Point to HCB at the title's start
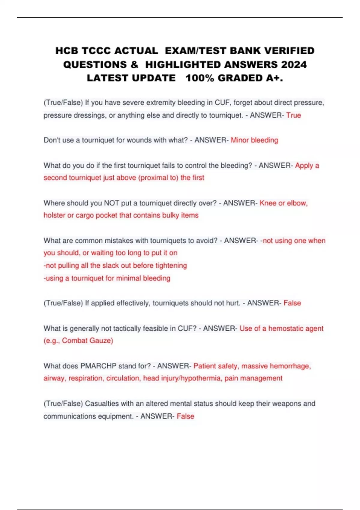click(67, 51)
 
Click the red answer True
click(293, 115)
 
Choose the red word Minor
click(240, 140)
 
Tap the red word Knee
click(268, 203)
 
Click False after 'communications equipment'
click(185, 416)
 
